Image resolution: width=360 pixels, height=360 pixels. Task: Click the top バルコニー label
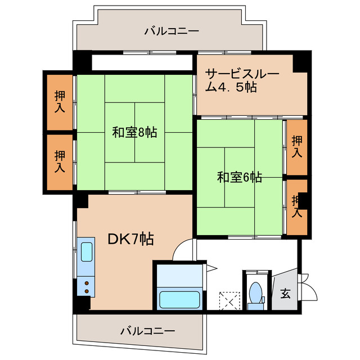(171, 31)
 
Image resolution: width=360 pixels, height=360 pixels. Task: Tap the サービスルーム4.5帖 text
(232, 80)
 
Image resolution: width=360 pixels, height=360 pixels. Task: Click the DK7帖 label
(130, 238)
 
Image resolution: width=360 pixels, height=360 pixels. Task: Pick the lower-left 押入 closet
(60, 161)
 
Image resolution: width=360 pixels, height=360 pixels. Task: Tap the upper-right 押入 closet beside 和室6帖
(297, 147)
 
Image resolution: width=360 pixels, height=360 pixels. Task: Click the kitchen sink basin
(87, 252)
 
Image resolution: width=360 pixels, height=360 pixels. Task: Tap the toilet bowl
(256, 293)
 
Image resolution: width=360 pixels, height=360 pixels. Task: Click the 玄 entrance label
(286, 293)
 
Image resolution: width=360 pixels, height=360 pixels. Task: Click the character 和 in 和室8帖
(118, 133)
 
